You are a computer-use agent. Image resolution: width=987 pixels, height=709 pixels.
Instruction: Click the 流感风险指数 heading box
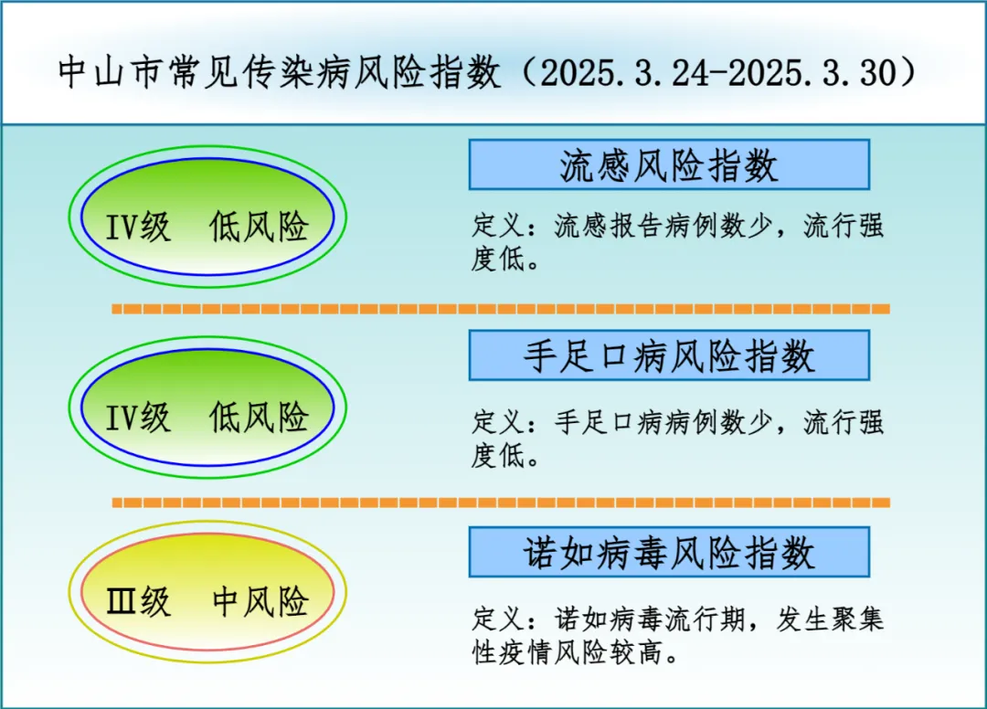[669, 164]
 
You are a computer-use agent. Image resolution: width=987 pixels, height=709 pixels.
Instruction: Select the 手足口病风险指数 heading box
[669, 355]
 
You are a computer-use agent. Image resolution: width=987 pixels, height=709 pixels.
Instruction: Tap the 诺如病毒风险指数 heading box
[669, 553]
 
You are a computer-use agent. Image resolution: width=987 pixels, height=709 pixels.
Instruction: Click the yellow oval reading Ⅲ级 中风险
[207, 592]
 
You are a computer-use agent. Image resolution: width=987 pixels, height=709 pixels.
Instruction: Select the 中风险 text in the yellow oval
[260, 601]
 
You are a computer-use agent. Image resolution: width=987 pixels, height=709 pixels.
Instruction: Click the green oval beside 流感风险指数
[207, 217]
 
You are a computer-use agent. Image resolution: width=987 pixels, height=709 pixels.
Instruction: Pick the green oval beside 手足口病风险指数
[207, 407]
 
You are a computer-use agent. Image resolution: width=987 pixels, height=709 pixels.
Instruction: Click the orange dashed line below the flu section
[501, 309]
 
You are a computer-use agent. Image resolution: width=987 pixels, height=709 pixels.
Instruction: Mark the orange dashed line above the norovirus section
[501, 503]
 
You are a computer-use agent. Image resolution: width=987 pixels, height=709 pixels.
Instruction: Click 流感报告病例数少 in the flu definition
[663, 227]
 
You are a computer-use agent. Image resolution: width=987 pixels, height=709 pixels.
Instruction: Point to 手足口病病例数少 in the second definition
[663, 422]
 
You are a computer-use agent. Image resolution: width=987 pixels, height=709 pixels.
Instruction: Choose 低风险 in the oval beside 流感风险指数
[259, 227]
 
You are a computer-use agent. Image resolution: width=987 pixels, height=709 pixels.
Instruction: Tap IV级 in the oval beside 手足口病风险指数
[138, 418]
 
